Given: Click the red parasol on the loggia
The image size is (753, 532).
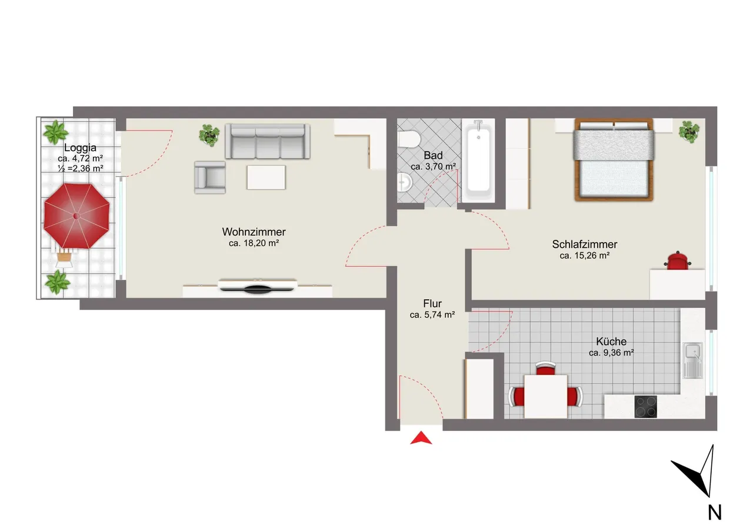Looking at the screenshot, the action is coord(76,216).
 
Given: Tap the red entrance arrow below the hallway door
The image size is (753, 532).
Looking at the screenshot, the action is coord(421,438).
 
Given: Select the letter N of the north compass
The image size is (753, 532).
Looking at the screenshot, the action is coord(715,513).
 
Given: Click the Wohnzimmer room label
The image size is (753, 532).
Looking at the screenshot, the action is coord(254,232).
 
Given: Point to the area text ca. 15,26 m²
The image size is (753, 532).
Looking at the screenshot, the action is coord(585,256).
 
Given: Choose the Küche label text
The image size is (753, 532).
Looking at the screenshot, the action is coord(611,342).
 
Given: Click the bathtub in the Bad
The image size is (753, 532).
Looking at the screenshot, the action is coord(478,161).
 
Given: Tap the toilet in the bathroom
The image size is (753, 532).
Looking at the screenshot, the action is coord(408,139).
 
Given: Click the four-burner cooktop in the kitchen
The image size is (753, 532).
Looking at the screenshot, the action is coord(645,407).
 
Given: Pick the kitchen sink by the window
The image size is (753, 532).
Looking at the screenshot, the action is coord(693,360).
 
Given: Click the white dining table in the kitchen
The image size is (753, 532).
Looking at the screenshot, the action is coord(545,397).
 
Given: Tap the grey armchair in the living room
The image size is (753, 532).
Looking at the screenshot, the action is coord(210,178).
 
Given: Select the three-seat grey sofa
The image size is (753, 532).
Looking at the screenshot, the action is coord(268,141).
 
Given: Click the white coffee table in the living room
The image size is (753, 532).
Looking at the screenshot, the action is coord(266,178).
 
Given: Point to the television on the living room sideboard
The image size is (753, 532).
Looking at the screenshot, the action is coord(258,286).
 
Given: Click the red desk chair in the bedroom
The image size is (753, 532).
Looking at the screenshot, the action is coord(678,260).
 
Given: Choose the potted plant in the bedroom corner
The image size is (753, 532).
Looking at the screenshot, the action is coord(689,132).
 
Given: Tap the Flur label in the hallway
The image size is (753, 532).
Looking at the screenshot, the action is coord(432,303).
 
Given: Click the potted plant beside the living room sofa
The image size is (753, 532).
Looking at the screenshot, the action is coord(209,135).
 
